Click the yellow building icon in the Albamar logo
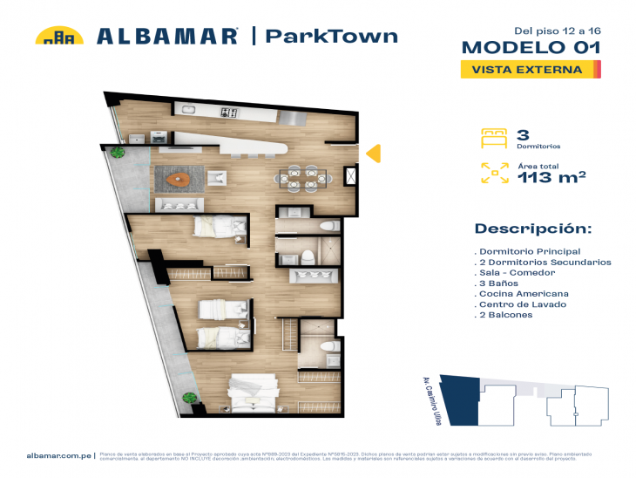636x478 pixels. pos(58,36)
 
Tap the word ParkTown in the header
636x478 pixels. pos(331,36)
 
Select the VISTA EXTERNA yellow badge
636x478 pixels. pos(528,69)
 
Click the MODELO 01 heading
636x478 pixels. pos(530,47)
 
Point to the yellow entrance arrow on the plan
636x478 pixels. pos(372,154)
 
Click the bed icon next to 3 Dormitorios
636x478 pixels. pos(493,138)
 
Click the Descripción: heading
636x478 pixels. pos(532,229)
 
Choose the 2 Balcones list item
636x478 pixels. pos(505,315)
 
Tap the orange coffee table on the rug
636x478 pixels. pos(180,180)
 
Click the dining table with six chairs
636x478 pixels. pos(305,177)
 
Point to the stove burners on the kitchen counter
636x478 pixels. pos(229,112)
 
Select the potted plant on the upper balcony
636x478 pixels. pos(117,151)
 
